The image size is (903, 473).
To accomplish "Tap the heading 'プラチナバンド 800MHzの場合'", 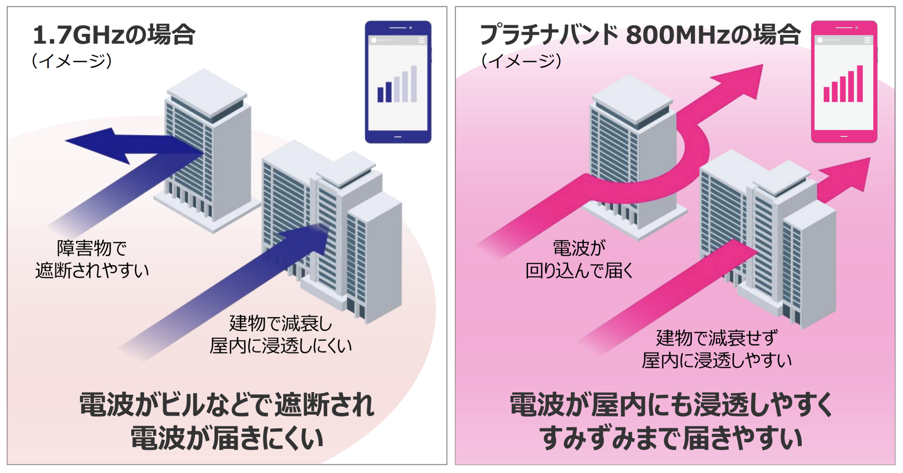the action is click(639, 35).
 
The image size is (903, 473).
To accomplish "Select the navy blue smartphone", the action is click(398, 82).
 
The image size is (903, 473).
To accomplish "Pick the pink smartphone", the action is click(844, 82).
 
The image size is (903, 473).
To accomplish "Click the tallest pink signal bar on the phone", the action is click(860, 84).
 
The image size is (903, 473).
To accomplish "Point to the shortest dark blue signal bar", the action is click(380, 94).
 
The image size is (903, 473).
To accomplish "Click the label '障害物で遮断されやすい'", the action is click(92, 260).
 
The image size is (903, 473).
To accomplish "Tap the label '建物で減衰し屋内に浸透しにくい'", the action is click(280, 334).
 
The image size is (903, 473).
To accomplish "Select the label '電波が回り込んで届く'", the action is click(579, 260).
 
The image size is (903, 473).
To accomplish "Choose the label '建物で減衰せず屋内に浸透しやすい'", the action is click(716, 349).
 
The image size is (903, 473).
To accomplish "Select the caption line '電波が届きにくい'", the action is click(227, 438).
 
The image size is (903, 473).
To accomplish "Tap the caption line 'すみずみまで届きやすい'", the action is click(670, 438).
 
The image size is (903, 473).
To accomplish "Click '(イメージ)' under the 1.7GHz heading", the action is click(72, 61).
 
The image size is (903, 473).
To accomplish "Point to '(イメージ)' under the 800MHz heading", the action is click(521, 61).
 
